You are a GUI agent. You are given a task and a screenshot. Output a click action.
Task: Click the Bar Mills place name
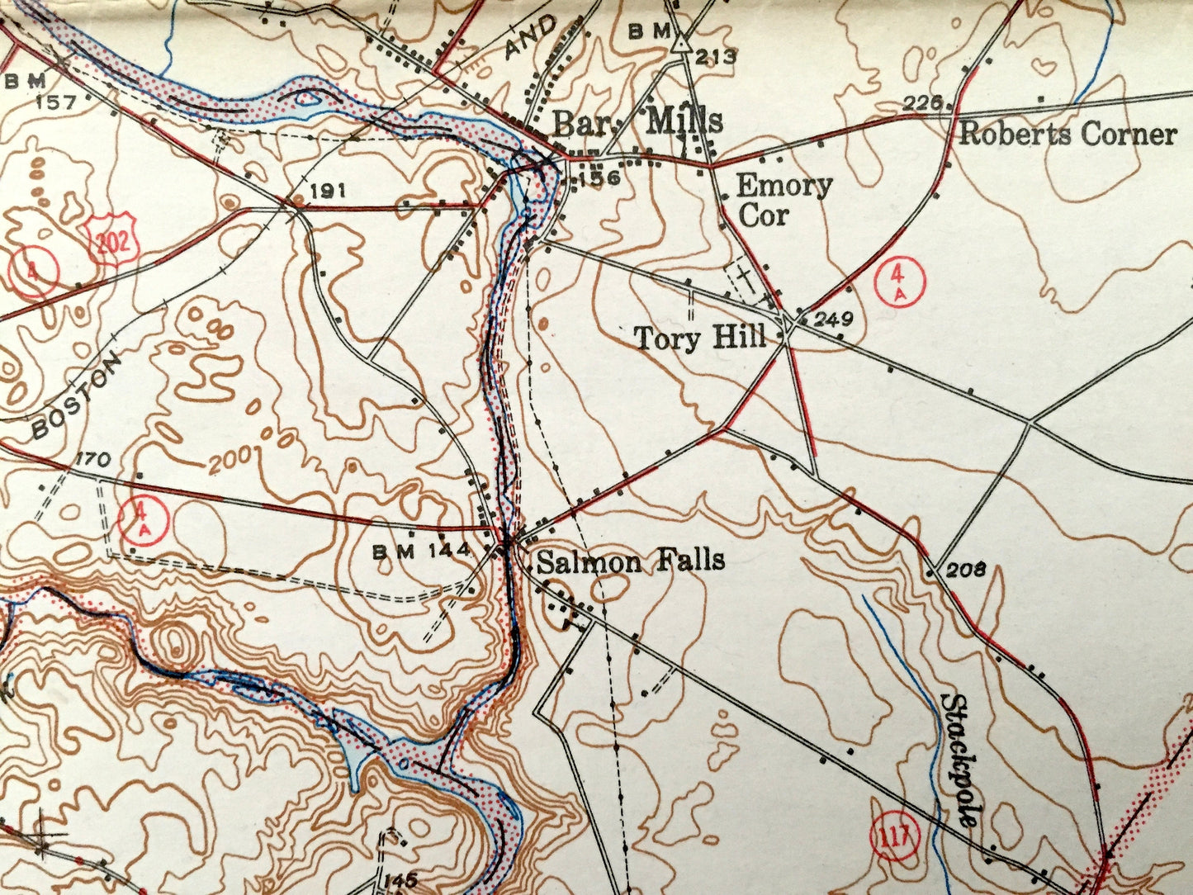(637, 121)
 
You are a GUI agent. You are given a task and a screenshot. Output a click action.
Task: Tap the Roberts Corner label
(1067, 134)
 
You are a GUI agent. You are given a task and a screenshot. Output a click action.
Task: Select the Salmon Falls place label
(631, 561)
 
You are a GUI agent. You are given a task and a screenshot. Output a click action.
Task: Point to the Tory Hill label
(700, 338)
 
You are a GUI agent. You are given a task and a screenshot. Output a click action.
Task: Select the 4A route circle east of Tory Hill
(900, 282)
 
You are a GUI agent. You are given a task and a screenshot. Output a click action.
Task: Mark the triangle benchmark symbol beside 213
(680, 43)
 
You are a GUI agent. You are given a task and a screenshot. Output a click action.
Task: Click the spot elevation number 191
(328, 192)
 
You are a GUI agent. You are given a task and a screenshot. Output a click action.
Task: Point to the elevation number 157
(56, 103)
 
